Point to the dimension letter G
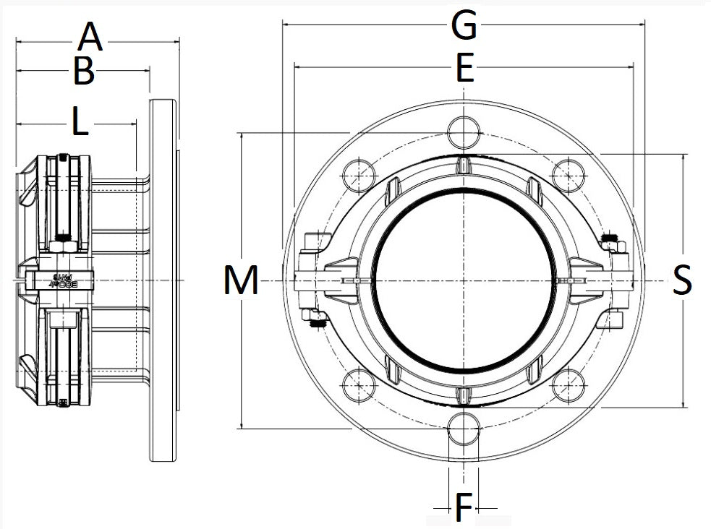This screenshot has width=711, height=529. (463, 26)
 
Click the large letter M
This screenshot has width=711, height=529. (241, 281)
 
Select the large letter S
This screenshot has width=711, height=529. (681, 280)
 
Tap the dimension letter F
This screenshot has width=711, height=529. (463, 508)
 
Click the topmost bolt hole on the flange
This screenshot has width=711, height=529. (463, 132)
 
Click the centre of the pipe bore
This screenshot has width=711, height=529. (464, 280)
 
